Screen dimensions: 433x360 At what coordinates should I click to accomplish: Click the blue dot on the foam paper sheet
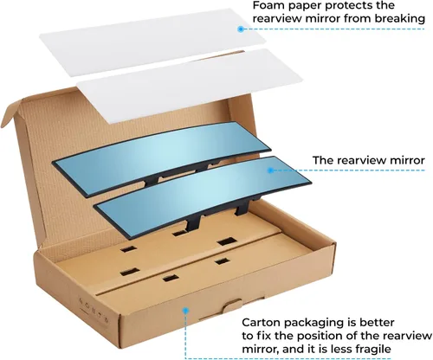tap(241, 29)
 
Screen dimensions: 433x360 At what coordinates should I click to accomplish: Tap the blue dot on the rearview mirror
tap(270, 170)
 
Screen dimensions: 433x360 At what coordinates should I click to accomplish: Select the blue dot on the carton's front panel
tap(186, 311)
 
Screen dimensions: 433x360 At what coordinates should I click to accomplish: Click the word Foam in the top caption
tap(268, 5)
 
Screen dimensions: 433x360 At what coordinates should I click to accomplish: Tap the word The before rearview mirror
tap(323, 160)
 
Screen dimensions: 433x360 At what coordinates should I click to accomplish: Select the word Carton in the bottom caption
tap(262, 322)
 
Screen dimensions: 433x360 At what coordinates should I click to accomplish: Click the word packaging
tap(315, 323)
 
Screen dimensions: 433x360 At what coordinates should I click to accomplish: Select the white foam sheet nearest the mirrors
tap(189, 87)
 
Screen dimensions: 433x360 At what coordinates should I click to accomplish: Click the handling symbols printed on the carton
tap(94, 309)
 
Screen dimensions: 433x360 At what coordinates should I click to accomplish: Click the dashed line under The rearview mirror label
tap(349, 170)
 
